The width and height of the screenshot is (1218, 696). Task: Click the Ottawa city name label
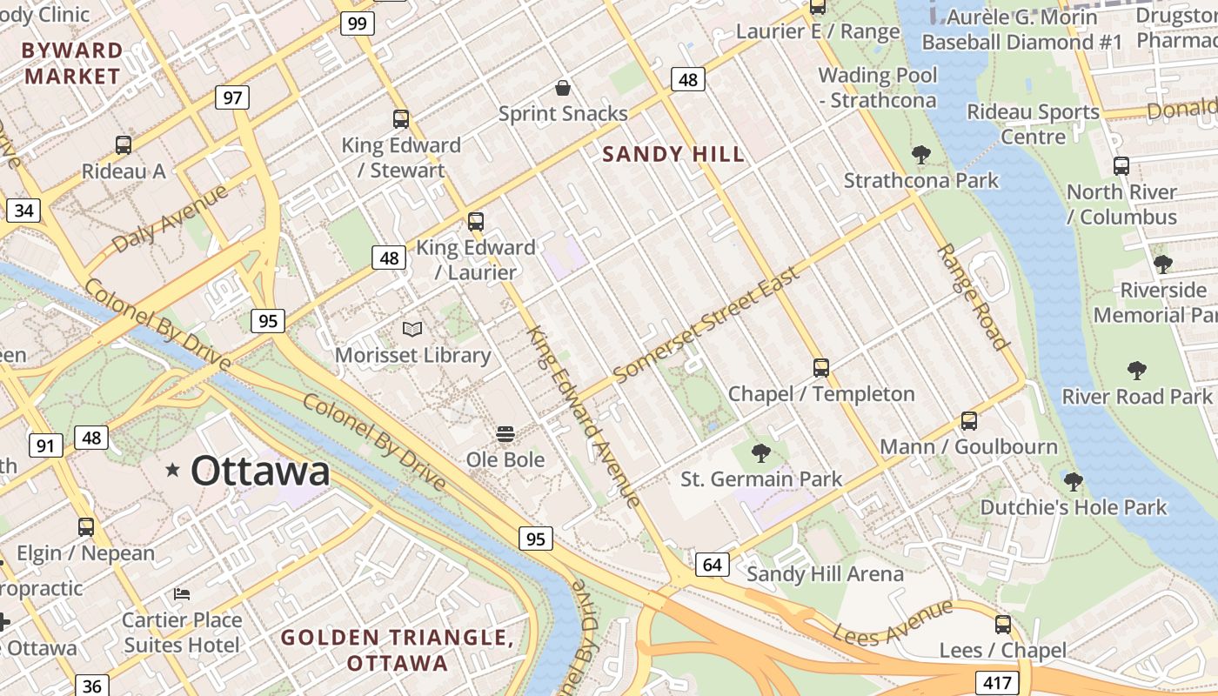tap(260, 472)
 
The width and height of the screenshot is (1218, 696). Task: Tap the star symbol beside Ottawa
tap(173, 471)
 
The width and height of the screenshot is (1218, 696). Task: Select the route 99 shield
tap(357, 23)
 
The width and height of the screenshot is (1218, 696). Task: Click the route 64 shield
tap(712, 565)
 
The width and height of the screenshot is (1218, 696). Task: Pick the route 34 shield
tap(24, 211)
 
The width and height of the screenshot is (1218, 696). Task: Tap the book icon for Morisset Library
tap(412, 330)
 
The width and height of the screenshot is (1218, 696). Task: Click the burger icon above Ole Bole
tap(505, 434)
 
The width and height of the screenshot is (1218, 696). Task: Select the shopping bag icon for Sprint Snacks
tap(563, 88)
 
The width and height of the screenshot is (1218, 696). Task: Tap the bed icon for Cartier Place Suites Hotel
tap(182, 594)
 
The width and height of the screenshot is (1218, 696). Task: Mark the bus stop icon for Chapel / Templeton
tap(821, 368)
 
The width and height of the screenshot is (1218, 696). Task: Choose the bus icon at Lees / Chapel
tap(1003, 625)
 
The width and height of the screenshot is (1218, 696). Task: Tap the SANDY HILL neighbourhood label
tap(673, 155)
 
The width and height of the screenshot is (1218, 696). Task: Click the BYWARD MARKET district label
tap(72, 64)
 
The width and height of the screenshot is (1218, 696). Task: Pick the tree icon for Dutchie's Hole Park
tap(1074, 481)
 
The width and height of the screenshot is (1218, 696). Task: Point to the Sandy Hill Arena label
tap(825, 574)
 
